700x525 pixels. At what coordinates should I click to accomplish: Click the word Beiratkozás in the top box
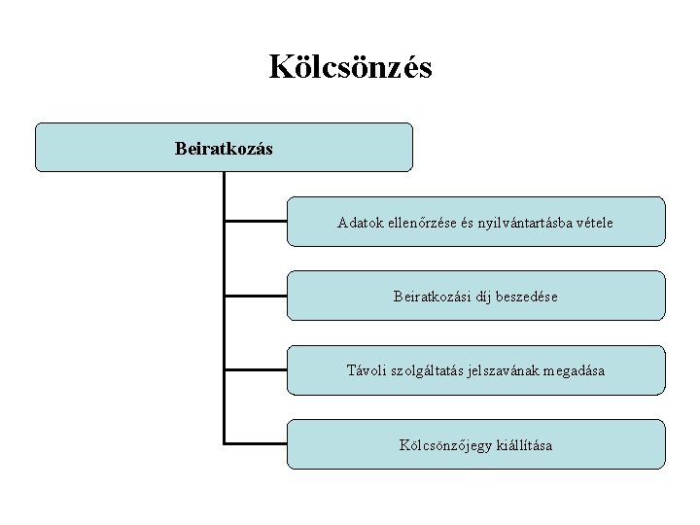click(224, 149)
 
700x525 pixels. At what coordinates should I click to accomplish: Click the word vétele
click(594, 223)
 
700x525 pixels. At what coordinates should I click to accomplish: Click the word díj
click(485, 297)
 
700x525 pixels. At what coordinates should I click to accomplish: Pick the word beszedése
click(529, 297)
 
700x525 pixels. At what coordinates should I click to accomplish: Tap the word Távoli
click(367, 370)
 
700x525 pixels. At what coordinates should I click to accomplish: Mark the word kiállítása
click(522, 445)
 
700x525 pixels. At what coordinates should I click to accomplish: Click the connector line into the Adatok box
click(256, 221)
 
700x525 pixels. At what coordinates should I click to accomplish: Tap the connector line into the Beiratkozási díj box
click(256, 295)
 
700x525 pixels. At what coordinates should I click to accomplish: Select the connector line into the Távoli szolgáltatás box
click(256, 369)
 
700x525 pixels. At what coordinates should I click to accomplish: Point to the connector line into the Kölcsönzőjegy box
click(256, 443)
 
